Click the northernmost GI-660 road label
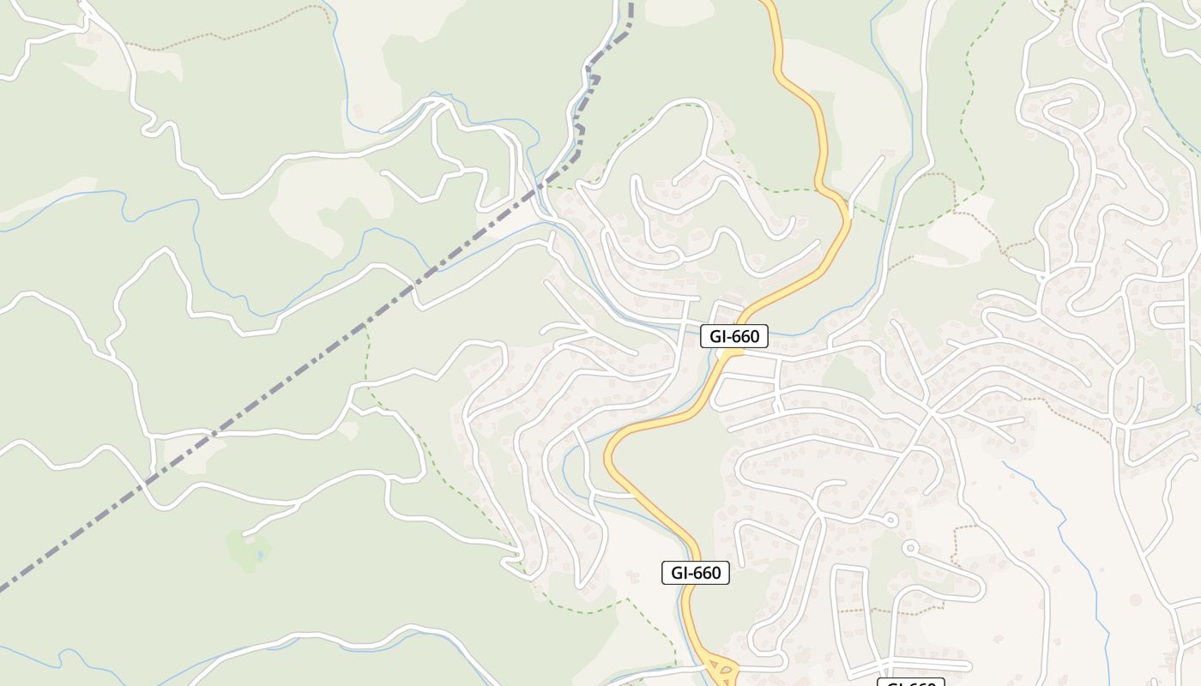click(x=734, y=336)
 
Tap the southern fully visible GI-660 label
click(x=696, y=573)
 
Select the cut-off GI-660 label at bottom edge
click(x=910, y=683)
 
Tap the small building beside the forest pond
click(x=248, y=538)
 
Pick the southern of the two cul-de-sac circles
click(x=910, y=545)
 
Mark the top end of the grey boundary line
click(x=631, y=7)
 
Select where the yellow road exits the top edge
click(x=766, y=3)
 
